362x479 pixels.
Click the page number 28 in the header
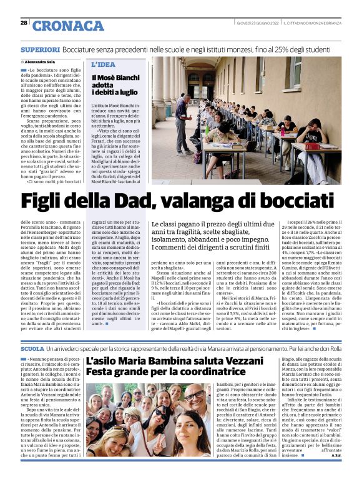pyautogui.click(x=24, y=23)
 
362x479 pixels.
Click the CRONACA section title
pyautogui.click(x=68, y=25)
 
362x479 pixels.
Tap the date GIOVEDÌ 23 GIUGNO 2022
pyautogui.click(x=257, y=23)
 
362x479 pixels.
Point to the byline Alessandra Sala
pyautogui.click(x=42, y=63)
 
